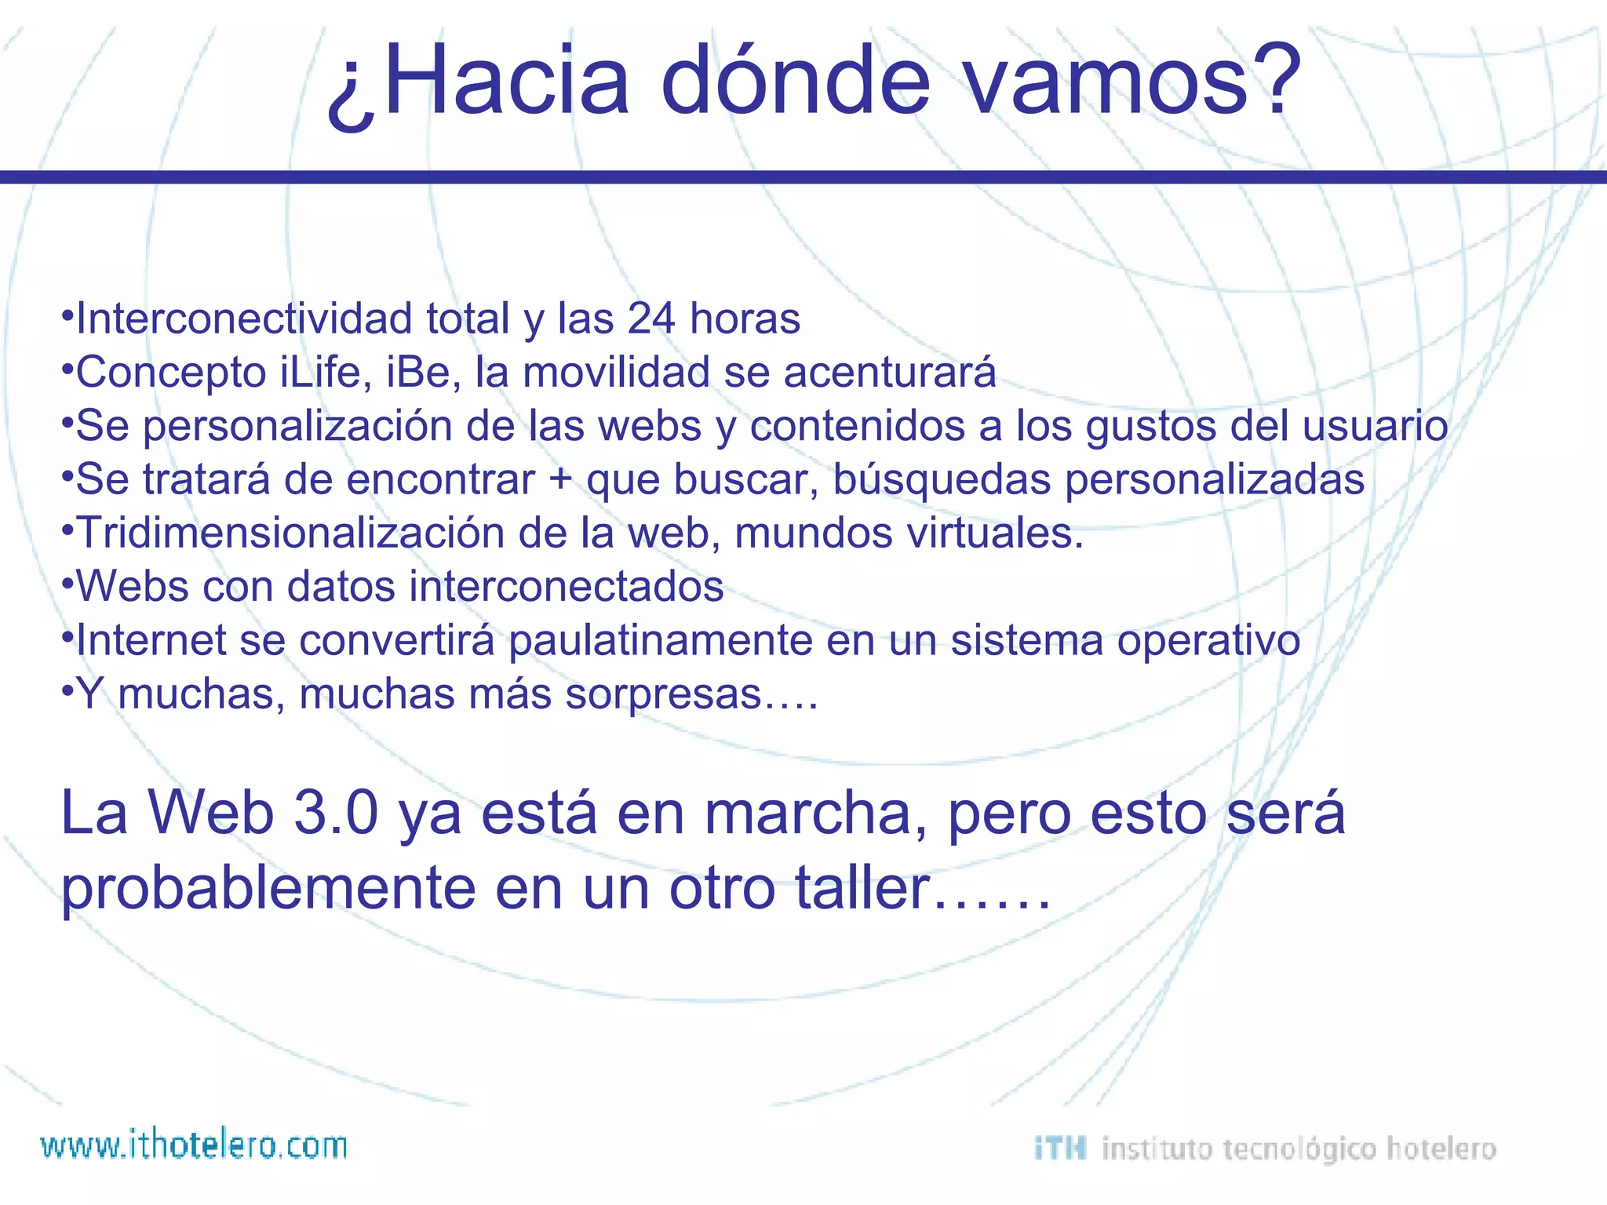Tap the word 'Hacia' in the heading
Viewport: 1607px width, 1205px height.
point(506,81)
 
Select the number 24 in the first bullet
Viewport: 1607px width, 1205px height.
point(650,319)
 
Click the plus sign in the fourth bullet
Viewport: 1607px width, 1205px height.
point(560,479)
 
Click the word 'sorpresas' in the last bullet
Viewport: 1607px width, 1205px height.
point(664,694)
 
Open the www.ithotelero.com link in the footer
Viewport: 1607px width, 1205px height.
point(194,1145)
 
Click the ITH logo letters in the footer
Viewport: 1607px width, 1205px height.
point(1060,1149)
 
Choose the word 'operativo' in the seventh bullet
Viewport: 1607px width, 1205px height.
point(1208,640)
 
